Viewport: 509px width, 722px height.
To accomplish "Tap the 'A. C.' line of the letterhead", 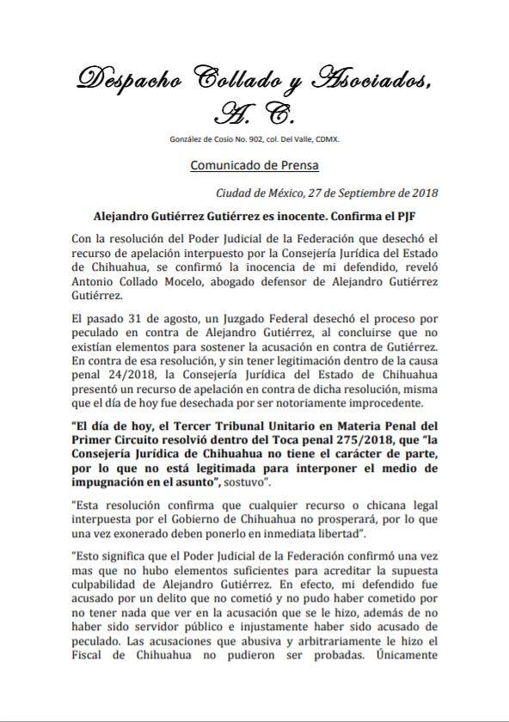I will (x=254, y=112).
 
